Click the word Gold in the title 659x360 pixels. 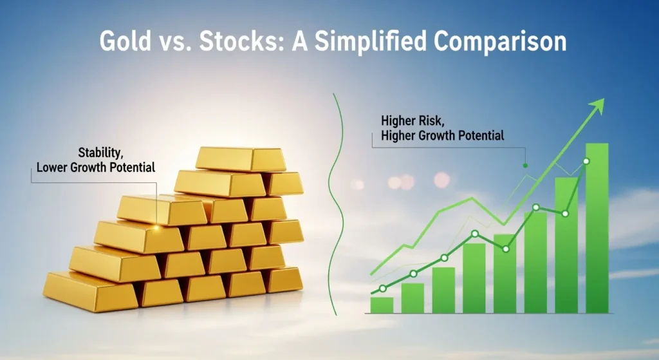[x=125, y=41]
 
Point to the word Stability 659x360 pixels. [x=100, y=152]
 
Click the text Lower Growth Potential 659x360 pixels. [x=96, y=167]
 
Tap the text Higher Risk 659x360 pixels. [x=413, y=121]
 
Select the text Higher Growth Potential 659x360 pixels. [x=443, y=136]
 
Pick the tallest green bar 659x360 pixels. [x=597, y=229]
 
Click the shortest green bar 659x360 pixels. [x=382, y=305]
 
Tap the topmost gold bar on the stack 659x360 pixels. [x=241, y=159]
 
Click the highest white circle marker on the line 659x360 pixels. [x=586, y=161]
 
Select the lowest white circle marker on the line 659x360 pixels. [x=382, y=289]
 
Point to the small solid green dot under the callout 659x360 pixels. [x=525, y=166]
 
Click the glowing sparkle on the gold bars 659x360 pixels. [x=156, y=227]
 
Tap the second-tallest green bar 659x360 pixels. [x=566, y=245]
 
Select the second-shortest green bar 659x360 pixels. [x=413, y=298]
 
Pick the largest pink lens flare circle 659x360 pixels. [x=441, y=180]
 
